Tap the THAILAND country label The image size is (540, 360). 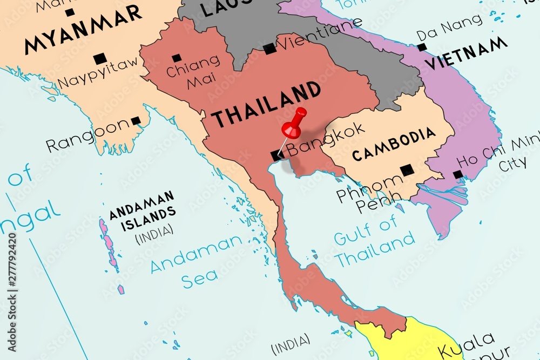pos(265,104)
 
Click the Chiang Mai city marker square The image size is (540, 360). pos(177,58)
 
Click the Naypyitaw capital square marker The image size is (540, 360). pos(99,58)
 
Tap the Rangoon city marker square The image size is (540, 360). pos(136,121)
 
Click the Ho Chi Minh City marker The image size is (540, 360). pos(458,174)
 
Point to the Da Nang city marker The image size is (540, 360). pos(422,47)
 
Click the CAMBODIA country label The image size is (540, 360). pos(394,144)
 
